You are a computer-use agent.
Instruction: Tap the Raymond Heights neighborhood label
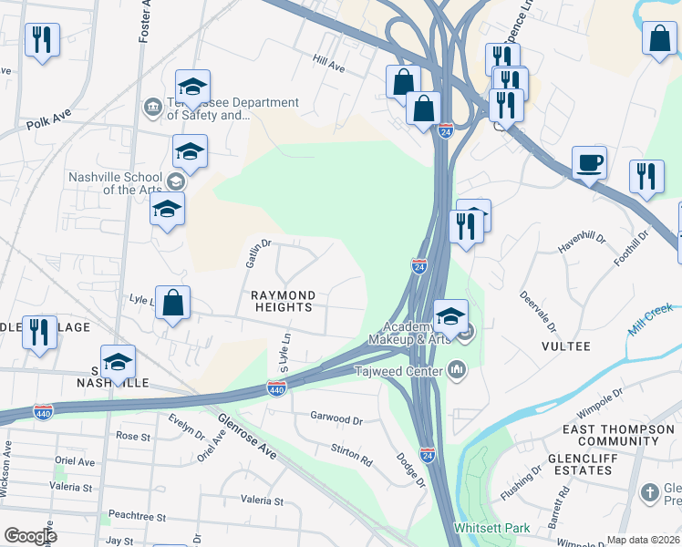pyautogui.click(x=284, y=302)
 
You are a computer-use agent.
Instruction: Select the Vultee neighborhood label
pyautogui.click(x=566, y=346)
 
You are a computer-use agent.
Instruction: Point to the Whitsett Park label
pyautogui.click(x=491, y=529)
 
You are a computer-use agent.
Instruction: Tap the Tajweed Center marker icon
pyautogui.click(x=457, y=370)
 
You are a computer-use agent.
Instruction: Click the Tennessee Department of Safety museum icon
pyautogui.click(x=151, y=108)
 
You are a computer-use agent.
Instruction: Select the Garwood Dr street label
pyautogui.click(x=336, y=419)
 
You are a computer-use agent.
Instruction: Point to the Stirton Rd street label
pyautogui.click(x=351, y=457)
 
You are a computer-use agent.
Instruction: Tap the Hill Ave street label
pyautogui.click(x=328, y=67)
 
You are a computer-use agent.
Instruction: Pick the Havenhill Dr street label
pyautogui.click(x=582, y=243)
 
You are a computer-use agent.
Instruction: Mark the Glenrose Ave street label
pyautogui.click(x=246, y=437)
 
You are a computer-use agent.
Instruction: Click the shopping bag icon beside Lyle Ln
pyautogui.click(x=172, y=302)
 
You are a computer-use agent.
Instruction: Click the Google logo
pyautogui.click(x=29, y=536)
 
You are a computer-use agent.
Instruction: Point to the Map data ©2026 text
pyautogui.click(x=643, y=540)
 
